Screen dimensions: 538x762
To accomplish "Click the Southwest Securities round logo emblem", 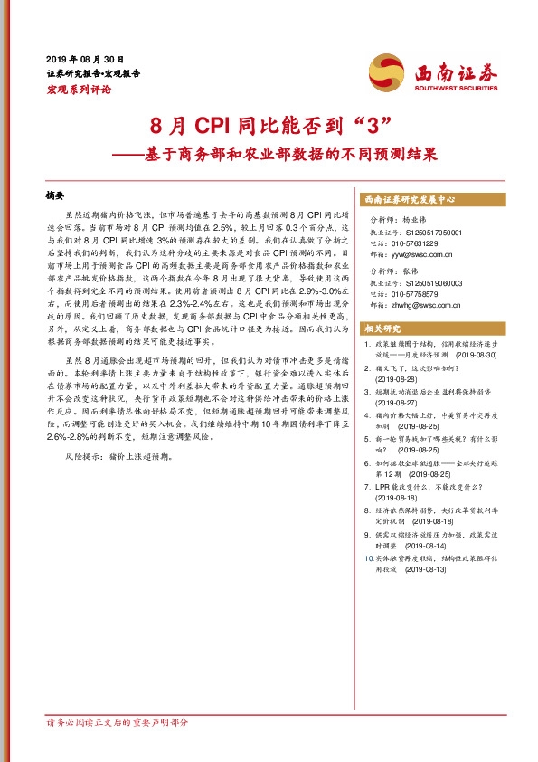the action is point(384,71).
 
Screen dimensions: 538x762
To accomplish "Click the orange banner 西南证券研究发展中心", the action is point(411,198).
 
